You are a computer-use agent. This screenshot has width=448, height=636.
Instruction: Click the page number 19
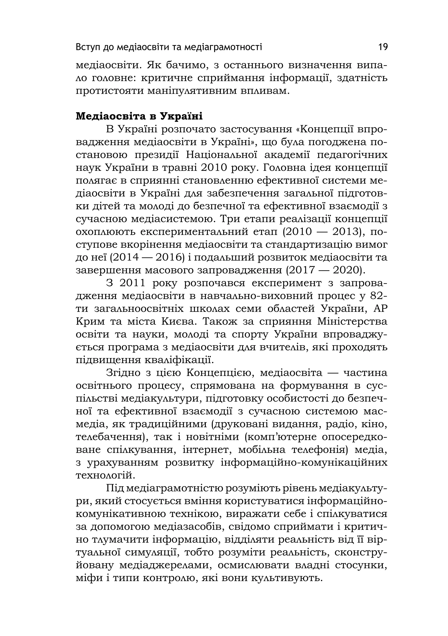(383, 47)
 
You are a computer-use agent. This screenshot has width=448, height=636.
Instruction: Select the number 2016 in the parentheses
(169, 258)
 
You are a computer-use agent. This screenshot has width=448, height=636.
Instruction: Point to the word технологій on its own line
(105, 476)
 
